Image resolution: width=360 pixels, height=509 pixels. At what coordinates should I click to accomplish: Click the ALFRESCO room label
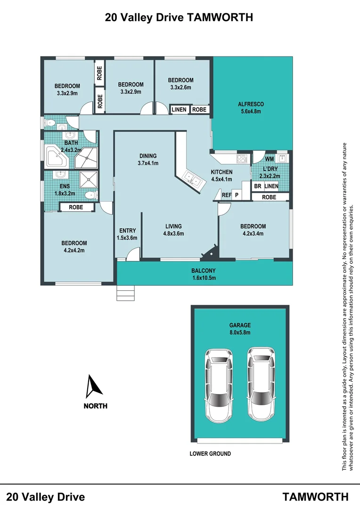click(250, 104)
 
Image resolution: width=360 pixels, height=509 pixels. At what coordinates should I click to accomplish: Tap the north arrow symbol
click(95, 386)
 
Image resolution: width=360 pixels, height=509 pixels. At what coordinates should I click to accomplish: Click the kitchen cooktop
click(242, 158)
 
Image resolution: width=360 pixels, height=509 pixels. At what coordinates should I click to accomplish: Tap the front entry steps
click(125, 293)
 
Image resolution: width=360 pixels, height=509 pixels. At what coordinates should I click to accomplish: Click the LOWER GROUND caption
click(210, 454)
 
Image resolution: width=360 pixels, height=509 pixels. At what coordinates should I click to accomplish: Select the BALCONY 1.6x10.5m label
click(204, 274)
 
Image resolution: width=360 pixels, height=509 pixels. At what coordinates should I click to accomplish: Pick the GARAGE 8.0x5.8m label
click(240, 328)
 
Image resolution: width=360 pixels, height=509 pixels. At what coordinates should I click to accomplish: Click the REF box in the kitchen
click(226, 195)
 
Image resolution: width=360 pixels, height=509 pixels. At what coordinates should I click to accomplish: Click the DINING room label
click(147, 156)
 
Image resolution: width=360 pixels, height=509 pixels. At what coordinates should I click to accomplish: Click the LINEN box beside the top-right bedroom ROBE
click(179, 110)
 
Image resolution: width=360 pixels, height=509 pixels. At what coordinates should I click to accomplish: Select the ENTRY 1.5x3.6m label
click(128, 234)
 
